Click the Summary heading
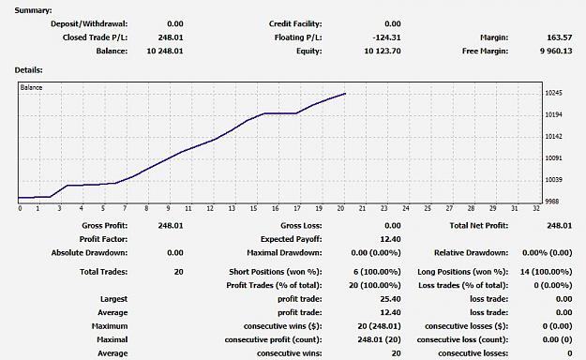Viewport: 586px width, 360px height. pyautogui.click(x=33, y=10)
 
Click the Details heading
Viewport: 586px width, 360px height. pyautogui.click(x=28, y=70)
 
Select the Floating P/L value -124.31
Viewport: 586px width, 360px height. pyautogui.click(x=386, y=37)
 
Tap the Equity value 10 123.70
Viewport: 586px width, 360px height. pyautogui.click(x=383, y=52)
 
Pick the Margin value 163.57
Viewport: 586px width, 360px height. pyautogui.click(x=559, y=37)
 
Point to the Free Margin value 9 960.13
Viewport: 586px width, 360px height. pyautogui.click(x=556, y=52)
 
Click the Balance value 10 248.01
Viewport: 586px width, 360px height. pyautogui.click(x=165, y=52)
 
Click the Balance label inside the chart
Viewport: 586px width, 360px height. pyautogui.click(x=31, y=87)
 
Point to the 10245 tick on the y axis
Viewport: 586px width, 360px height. pyautogui.click(x=553, y=93)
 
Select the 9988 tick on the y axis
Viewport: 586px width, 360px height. pyautogui.click(x=553, y=202)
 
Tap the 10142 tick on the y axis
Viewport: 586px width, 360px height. pyautogui.click(x=553, y=137)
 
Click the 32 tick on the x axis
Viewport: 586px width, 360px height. pyautogui.click(x=536, y=209)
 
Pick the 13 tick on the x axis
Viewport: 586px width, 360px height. pyautogui.click(x=233, y=209)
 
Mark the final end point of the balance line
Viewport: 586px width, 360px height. pyautogui.click(x=345, y=94)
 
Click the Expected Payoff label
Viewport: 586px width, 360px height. pyautogui.click(x=292, y=239)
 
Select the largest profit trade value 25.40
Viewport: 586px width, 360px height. pyautogui.click(x=390, y=299)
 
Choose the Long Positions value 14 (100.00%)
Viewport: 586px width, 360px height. pyautogui.click(x=546, y=272)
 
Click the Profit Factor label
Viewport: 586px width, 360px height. pyautogui.click(x=103, y=239)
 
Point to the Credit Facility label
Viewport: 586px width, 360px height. pyautogui.click(x=295, y=24)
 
